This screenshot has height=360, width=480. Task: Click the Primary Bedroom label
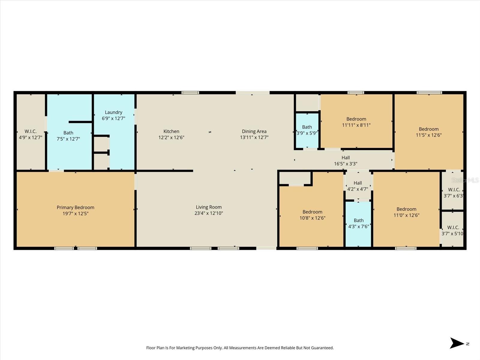pyautogui.click(x=75, y=208)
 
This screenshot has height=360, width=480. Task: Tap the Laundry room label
pyautogui.click(x=113, y=112)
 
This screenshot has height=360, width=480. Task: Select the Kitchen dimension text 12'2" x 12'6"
pyautogui.click(x=171, y=138)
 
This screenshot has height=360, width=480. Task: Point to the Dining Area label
pyautogui.click(x=254, y=131)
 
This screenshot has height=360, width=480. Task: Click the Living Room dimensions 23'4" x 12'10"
pyautogui.click(x=208, y=213)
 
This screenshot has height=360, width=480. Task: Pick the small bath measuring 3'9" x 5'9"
pyautogui.click(x=307, y=130)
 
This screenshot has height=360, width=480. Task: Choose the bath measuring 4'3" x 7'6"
pyautogui.click(x=358, y=223)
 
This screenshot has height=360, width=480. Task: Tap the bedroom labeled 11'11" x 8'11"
pyautogui.click(x=356, y=122)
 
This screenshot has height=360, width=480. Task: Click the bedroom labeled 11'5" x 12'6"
pyautogui.click(x=429, y=132)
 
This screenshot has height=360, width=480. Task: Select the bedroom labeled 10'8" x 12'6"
pyautogui.click(x=312, y=215)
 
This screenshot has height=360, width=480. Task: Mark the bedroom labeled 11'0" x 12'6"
pyautogui.click(x=406, y=212)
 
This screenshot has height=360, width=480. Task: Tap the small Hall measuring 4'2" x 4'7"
pyautogui.click(x=358, y=186)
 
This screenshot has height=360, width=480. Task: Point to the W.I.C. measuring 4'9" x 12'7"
pyautogui.click(x=31, y=134)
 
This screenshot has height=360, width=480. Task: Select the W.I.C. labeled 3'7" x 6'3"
pyautogui.click(x=454, y=193)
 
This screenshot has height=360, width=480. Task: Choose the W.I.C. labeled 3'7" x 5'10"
pyautogui.click(x=453, y=230)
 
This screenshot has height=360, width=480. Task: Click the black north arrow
pyautogui.click(x=457, y=343)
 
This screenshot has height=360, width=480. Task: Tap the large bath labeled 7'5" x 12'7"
pyautogui.click(x=68, y=136)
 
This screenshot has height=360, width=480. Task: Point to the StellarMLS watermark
pyautogui.click(x=465, y=180)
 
